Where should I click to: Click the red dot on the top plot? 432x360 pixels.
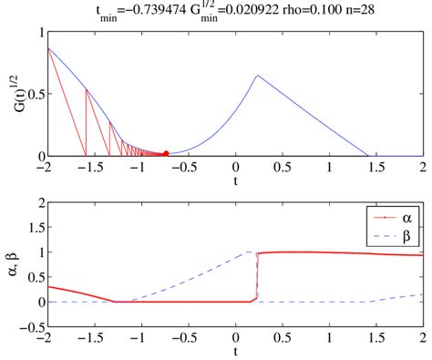point(165,153)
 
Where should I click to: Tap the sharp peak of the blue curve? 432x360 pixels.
point(257,76)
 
